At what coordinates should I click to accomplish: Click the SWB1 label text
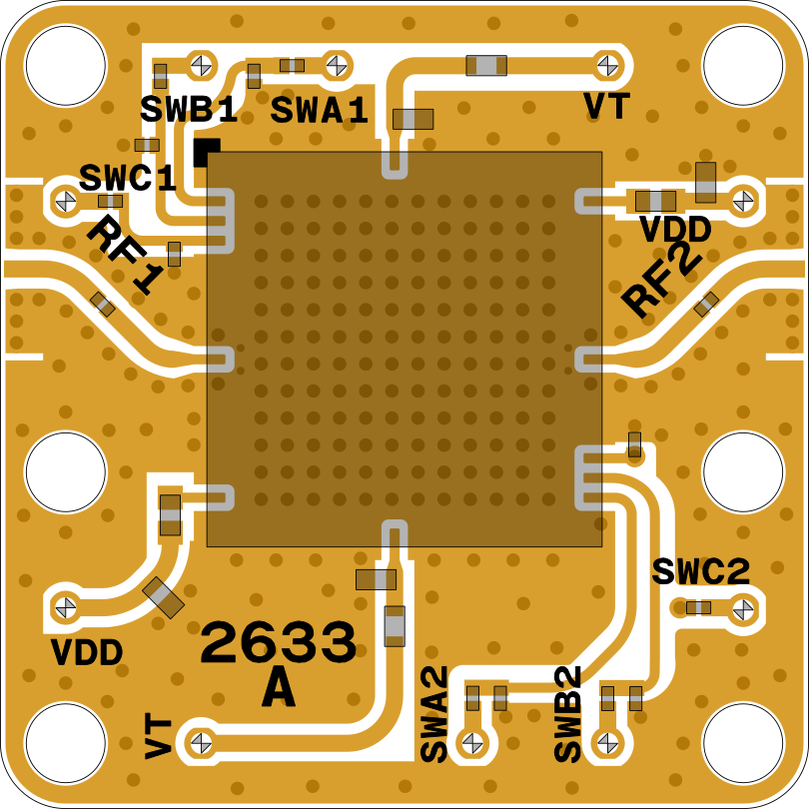tap(189, 110)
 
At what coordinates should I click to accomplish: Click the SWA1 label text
tap(320, 111)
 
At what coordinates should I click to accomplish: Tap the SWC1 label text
tap(128, 179)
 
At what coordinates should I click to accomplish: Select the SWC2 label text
tap(700, 572)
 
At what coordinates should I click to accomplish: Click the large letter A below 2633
tap(279, 689)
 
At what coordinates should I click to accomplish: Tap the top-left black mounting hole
tap(65, 65)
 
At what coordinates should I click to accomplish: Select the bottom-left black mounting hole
tap(65, 743)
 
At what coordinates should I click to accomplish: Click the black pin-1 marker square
tap(207, 151)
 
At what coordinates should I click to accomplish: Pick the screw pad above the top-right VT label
tap(606, 66)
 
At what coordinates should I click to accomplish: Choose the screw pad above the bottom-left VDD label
tap(66, 606)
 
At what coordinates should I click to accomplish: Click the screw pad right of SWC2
tap(742, 607)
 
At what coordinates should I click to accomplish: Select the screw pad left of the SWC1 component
tap(66, 201)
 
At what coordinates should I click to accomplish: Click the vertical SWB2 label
tap(568, 713)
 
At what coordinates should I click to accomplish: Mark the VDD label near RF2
tap(675, 231)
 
